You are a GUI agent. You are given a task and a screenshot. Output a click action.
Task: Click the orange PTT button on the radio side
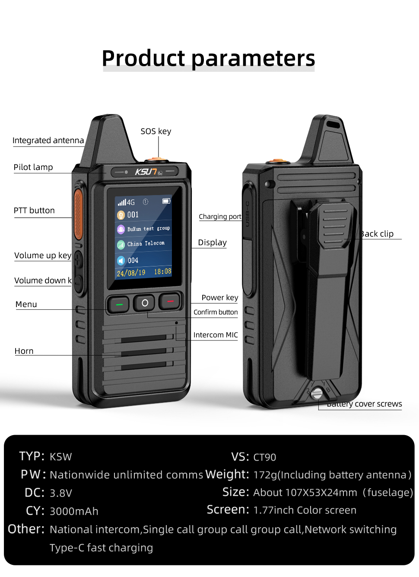click(x=78, y=214)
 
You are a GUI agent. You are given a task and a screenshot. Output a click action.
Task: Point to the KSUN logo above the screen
click(x=146, y=172)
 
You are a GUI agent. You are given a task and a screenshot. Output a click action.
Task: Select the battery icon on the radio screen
click(x=166, y=201)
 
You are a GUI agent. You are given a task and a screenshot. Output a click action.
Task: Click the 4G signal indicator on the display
click(x=126, y=202)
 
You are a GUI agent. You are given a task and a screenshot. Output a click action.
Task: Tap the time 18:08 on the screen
click(x=162, y=272)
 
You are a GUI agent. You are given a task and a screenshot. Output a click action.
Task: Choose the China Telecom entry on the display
click(x=146, y=244)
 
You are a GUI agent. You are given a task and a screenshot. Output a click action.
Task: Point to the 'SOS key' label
click(x=156, y=131)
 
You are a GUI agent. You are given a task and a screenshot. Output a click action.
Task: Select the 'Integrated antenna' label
click(x=48, y=141)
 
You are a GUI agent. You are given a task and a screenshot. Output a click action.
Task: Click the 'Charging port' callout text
click(x=220, y=217)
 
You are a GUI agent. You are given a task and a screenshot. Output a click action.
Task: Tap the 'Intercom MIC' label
click(x=216, y=335)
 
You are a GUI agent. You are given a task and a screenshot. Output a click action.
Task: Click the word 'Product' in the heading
click(x=143, y=58)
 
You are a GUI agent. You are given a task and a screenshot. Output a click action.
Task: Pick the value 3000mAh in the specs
click(x=74, y=511)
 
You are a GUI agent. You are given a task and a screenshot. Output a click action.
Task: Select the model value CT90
click(x=264, y=457)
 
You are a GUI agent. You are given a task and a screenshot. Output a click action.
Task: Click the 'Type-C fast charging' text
click(x=101, y=548)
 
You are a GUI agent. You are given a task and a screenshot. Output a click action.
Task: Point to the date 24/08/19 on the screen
click(x=131, y=273)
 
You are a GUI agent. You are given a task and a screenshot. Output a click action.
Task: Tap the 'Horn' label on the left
click(x=24, y=351)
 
